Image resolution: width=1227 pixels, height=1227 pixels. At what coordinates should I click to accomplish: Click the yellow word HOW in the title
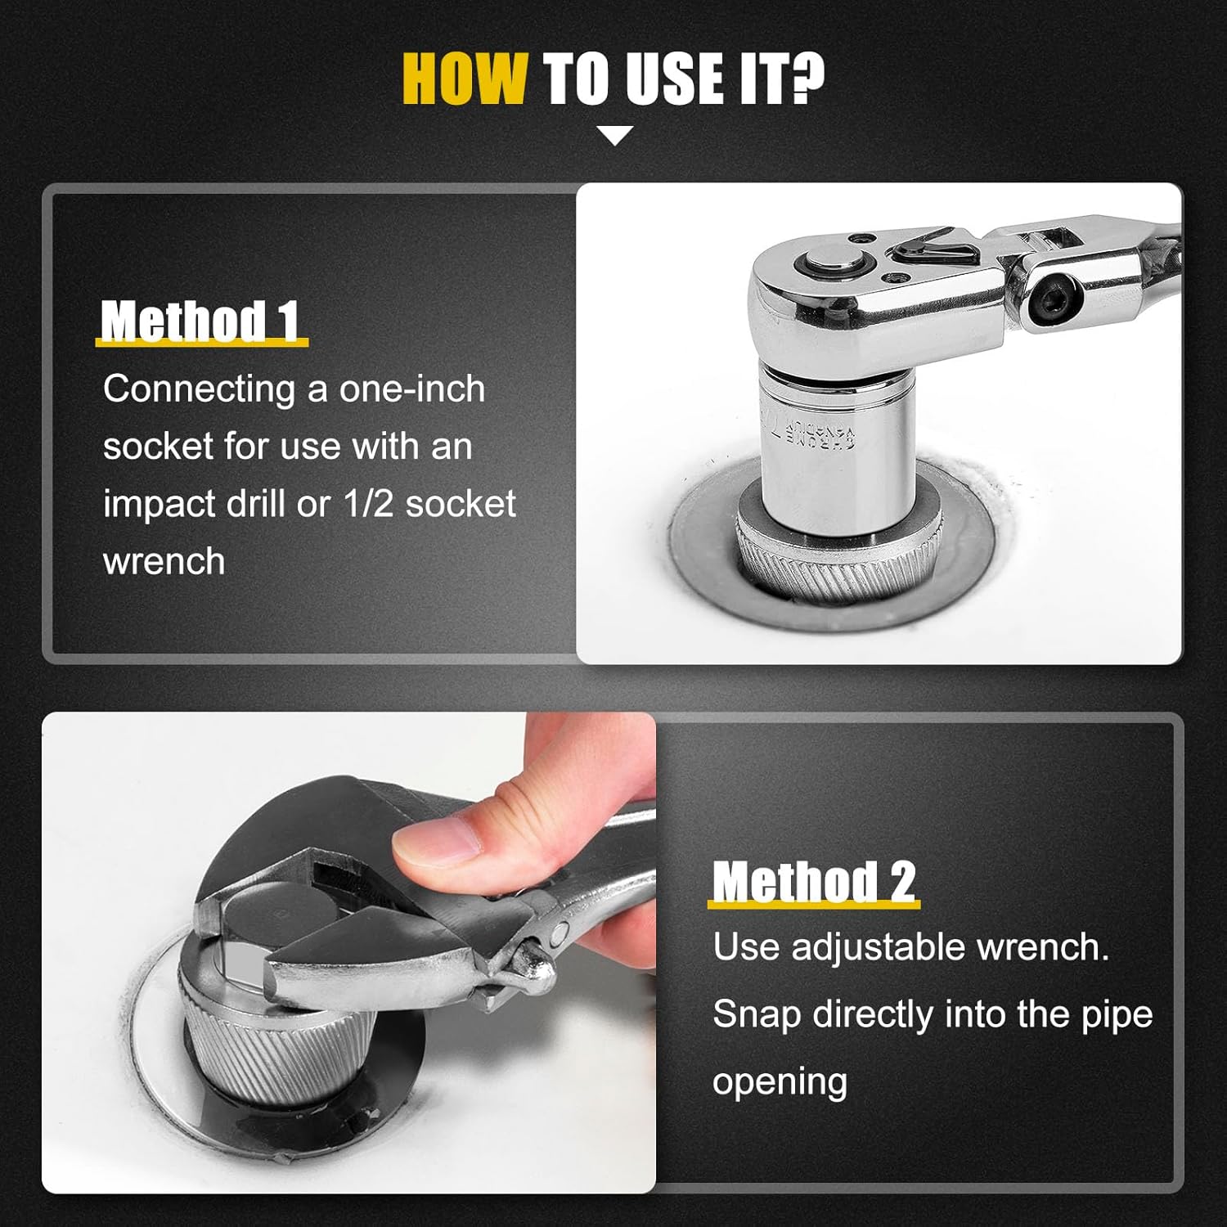(465, 79)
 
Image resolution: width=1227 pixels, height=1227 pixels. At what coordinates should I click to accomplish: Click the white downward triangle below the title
(615, 136)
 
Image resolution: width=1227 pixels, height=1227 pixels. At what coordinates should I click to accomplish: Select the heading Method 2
(814, 882)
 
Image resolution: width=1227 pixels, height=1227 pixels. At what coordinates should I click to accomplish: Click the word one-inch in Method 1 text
(412, 389)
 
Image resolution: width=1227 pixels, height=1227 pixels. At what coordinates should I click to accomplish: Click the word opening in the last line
(780, 1083)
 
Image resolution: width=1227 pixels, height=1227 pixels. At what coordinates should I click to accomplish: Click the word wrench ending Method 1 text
(164, 562)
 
